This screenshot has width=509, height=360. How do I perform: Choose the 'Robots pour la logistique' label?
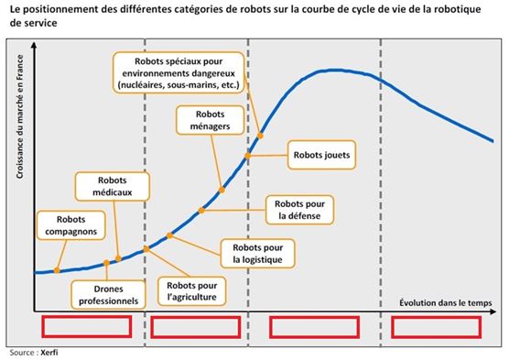click(x=257, y=253)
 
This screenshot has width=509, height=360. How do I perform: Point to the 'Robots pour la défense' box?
click(x=300, y=210)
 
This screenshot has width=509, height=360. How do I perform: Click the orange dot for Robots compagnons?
click(x=58, y=270)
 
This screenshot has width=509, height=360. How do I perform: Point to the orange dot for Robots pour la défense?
click(x=201, y=211)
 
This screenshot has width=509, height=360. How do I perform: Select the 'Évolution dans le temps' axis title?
click(x=447, y=300)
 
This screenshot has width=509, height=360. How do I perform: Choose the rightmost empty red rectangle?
click(x=435, y=327)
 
